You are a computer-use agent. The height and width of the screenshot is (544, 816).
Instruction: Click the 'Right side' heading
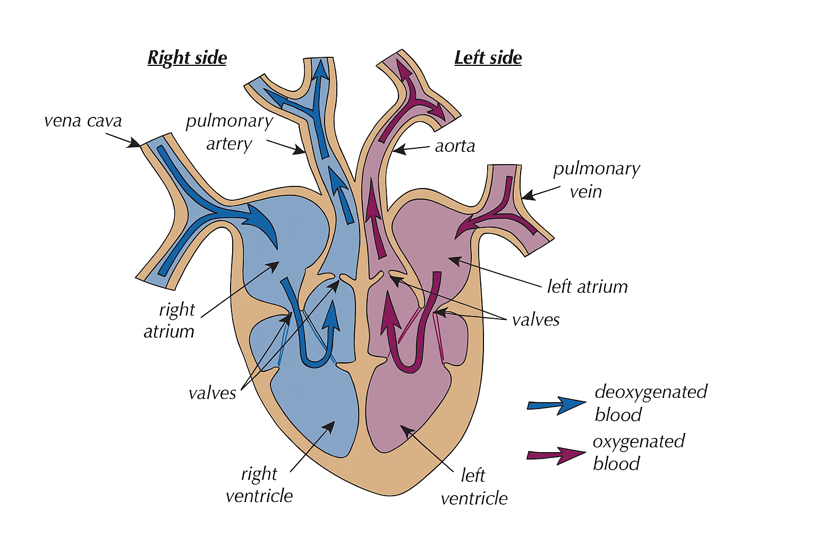pos(187,57)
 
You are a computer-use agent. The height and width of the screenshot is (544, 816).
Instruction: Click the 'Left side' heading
pos(488,57)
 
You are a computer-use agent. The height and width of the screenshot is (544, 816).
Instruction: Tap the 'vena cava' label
pos(83,121)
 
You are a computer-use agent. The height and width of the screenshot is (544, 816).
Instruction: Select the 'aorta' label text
pos(455,146)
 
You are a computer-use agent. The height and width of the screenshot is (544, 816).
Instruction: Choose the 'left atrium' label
pos(587,287)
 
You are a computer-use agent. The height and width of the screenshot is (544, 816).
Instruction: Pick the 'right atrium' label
pos(170,320)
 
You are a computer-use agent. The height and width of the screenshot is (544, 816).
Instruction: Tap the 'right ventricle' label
pos(259,484)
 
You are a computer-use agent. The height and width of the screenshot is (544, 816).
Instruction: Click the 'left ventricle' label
pos(474,487)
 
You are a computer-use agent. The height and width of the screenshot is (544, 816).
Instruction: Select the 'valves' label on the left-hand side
pos(212,393)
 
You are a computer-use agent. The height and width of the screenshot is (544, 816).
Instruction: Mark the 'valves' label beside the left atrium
pos(535,320)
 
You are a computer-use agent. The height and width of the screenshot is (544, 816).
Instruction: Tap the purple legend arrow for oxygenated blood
pos(556,455)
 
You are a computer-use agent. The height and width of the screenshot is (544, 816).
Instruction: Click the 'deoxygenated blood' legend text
pos(650,403)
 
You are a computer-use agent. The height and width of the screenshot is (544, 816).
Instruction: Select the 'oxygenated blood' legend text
pos(639,452)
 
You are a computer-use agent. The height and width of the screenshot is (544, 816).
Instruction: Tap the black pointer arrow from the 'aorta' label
pos(411,149)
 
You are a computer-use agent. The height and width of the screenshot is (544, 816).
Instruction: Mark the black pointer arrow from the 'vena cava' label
pos(123,140)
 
